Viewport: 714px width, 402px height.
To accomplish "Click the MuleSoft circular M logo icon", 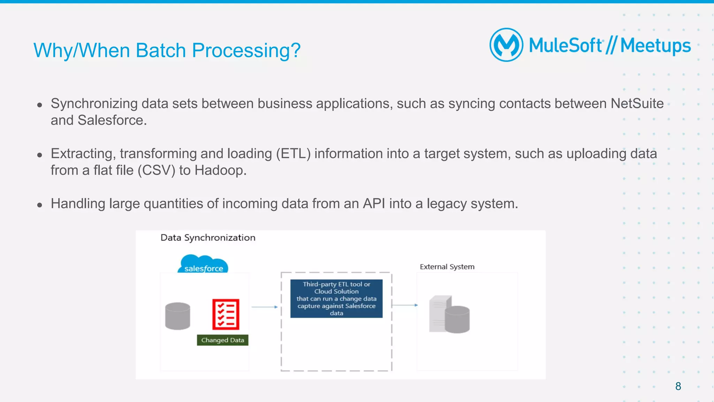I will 506,45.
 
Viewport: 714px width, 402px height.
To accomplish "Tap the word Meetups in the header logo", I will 655,46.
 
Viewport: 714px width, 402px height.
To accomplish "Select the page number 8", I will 678,386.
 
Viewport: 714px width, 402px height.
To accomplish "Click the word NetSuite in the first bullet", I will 637,104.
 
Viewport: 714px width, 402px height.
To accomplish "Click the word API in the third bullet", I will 374,204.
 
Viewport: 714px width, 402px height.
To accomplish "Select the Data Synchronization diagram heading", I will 208,238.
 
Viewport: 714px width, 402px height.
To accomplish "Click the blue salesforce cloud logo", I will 203,264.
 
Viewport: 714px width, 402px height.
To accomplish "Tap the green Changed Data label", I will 222,340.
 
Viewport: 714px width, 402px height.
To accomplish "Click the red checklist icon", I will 226,314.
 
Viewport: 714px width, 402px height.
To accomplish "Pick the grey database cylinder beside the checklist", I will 177,316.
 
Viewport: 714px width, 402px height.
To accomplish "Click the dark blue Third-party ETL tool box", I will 336,299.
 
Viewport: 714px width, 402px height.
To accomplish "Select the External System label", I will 447,267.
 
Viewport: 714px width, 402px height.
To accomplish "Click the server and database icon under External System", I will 449,314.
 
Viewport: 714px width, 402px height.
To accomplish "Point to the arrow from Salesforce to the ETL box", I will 264,307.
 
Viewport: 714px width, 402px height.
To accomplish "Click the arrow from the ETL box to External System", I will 404,305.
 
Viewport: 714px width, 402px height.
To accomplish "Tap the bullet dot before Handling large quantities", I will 40,205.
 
